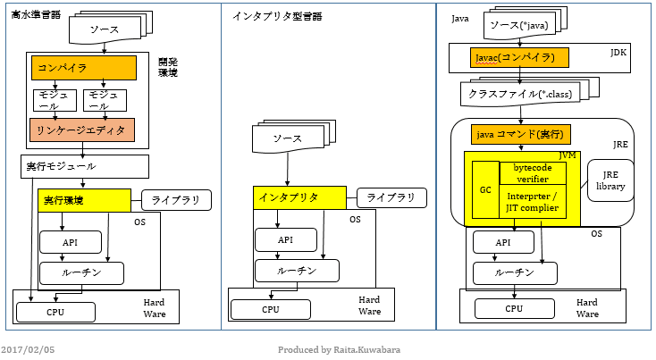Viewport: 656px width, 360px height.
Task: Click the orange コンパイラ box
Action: point(83,68)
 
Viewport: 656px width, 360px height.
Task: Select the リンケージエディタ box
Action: point(82,130)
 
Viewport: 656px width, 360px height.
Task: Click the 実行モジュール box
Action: point(69,166)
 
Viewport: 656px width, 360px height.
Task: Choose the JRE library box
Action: point(610,180)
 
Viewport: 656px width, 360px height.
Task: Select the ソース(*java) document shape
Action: point(518,26)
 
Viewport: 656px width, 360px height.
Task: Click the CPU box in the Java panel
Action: point(513,309)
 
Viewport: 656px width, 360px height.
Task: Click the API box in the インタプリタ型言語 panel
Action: point(284,239)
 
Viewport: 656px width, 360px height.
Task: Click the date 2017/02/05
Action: point(28,350)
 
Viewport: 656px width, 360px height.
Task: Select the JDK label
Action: point(618,54)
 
